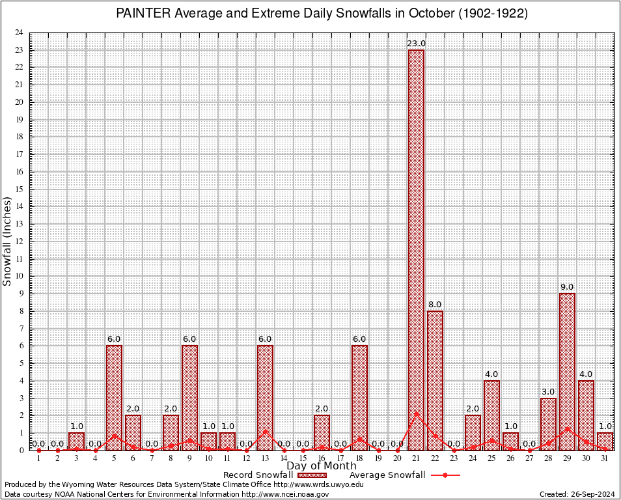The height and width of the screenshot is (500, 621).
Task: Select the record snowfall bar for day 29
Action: pos(567,371)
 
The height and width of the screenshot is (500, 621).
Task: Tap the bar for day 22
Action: pos(435,380)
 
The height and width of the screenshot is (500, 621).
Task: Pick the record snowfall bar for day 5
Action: pos(114,397)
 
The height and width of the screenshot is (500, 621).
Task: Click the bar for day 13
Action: pos(265,397)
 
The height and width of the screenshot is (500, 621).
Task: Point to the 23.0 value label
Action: pos(416,44)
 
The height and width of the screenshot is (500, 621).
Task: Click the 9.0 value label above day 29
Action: pos(567,287)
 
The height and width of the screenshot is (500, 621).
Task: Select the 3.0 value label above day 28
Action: pos(548,391)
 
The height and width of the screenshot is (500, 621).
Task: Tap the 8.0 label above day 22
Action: pos(435,304)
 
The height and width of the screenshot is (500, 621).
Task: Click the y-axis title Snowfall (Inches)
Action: pos(8,242)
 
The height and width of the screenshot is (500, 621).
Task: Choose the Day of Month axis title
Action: pos(321,466)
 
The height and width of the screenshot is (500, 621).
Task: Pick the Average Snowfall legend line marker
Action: pos(446,475)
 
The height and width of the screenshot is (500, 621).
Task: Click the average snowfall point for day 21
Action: pos(416,413)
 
